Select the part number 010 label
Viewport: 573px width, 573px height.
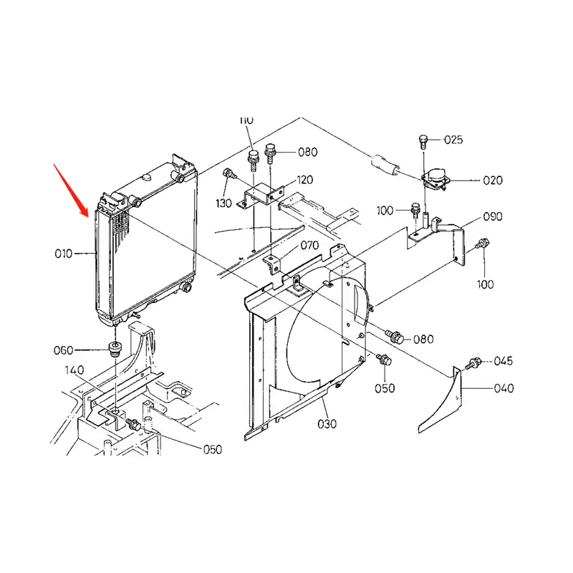point(64,254)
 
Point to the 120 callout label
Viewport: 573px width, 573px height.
point(305,180)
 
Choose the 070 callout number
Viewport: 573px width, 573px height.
point(309,246)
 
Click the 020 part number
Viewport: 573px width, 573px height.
point(493,180)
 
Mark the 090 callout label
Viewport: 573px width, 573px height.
point(493,216)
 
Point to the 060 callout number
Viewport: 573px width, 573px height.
point(64,350)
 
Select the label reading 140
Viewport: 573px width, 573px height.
point(74,370)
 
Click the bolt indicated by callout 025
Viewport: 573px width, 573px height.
point(424,139)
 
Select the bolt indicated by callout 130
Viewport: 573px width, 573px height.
point(228,173)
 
